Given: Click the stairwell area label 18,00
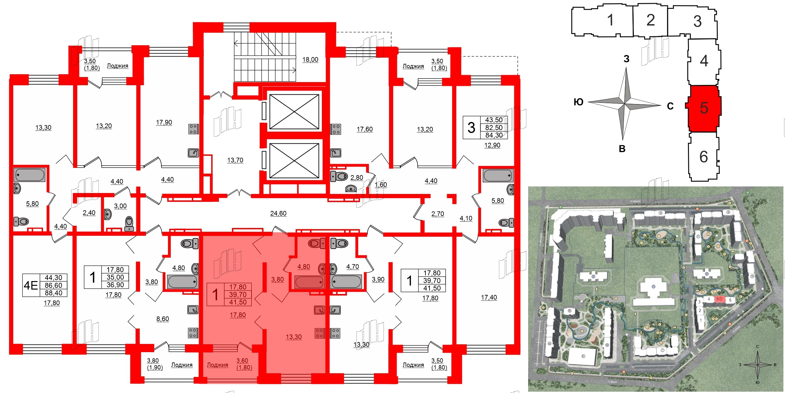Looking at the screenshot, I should pos(310,59).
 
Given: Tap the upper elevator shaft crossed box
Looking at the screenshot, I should pos(294,112).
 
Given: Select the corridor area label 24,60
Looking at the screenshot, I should pos(278,213).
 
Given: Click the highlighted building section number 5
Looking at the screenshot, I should pos(704,108).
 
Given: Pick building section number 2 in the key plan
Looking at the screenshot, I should pos(650,20).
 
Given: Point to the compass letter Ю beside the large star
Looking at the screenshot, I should pos(578,102).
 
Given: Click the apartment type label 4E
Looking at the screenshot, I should pos(31,285).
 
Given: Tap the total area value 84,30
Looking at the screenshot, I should pos(494,136).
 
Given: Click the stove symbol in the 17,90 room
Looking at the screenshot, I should pos(193,129).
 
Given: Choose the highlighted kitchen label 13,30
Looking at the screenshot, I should pos(294,337).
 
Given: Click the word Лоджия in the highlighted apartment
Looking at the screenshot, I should pos(217,365).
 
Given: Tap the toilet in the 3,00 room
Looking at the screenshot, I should pos(129,224).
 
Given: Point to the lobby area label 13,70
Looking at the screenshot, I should pos(235,160).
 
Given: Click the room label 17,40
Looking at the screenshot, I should pos(489,297).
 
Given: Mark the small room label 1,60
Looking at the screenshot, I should pos(381,185).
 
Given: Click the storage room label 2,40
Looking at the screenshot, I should pos(89,213).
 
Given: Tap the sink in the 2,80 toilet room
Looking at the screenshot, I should pos(351,189).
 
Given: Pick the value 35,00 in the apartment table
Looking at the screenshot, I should pos(115,277).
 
